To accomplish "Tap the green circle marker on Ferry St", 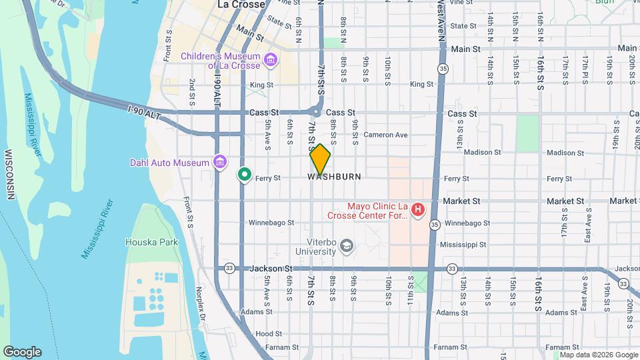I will (245, 175).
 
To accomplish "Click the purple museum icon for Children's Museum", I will (271, 61).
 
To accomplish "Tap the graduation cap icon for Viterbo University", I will (346, 247).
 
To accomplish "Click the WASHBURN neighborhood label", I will (335, 177).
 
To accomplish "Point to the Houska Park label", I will (152, 242).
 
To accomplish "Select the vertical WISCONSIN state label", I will (10, 174).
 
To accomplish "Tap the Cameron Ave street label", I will (385, 135).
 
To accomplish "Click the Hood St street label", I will (265, 333).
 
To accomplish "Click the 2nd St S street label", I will (192, 92).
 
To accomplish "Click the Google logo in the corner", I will (22, 352).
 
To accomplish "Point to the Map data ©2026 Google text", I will (598, 355).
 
